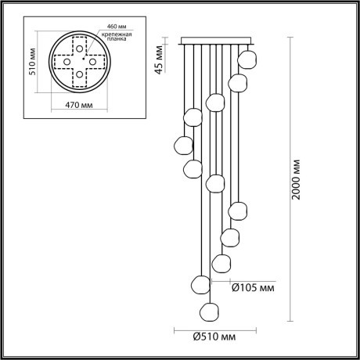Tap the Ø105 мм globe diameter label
(x=254, y=286)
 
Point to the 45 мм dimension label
(x=159, y=56)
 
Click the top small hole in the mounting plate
(x=78, y=47)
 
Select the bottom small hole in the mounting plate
(x=78, y=74)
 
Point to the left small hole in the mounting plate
(x=66, y=61)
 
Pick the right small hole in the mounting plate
(x=92, y=61)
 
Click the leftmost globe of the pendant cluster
(x=183, y=144)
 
